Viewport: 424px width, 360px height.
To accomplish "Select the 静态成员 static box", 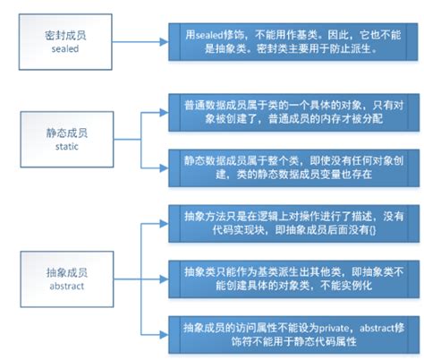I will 70,136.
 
